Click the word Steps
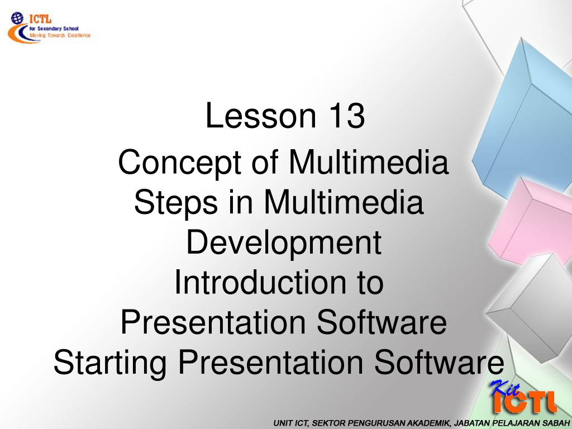176,202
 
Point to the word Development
284,243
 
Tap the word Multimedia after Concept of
369,163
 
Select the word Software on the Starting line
439,362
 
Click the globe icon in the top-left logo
17,17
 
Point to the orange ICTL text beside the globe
40,18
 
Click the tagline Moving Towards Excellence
60,35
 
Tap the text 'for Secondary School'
54,28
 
